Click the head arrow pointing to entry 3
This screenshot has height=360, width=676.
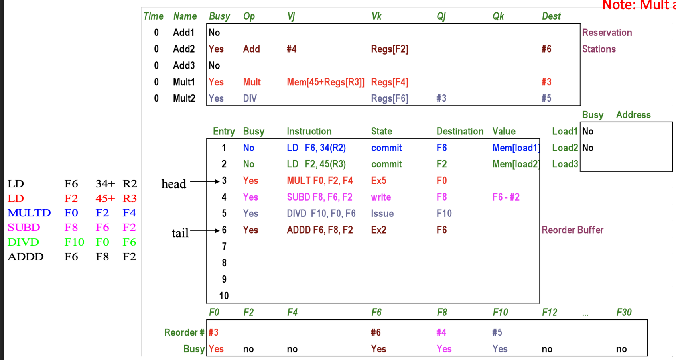click(x=205, y=182)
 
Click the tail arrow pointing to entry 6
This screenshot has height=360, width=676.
click(x=205, y=231)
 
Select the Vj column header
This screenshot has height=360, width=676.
click(x=291, y=16)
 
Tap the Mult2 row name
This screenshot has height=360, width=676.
click(x=184, y=98)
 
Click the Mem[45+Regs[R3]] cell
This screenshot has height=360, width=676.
click(x=325, y=82)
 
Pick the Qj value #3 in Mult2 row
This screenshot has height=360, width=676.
click(x=441, y=98)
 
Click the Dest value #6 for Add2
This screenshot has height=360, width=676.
click(x=546, y=49)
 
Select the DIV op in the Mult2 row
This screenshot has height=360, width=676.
click(x=250, y=98)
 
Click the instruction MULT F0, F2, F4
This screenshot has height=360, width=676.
click(x=319, y=181)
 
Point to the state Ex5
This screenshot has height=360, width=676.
click(x=378, y=181)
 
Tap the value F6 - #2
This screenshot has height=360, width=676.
click(x=506, y=197)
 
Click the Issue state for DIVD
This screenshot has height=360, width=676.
click(x=382, y=214)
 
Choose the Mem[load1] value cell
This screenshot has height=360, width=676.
click(x=516, y=148)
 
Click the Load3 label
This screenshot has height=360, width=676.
click(x=565, y=164)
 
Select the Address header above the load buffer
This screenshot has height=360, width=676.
click(x=633, y=115)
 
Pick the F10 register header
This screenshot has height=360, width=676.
click(x=500, y=312)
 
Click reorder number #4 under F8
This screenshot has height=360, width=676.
click(x=441, y=332)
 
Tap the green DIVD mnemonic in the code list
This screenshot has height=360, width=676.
click(x=23, y=242)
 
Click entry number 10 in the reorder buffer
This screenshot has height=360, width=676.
click(x=224, y=296)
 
